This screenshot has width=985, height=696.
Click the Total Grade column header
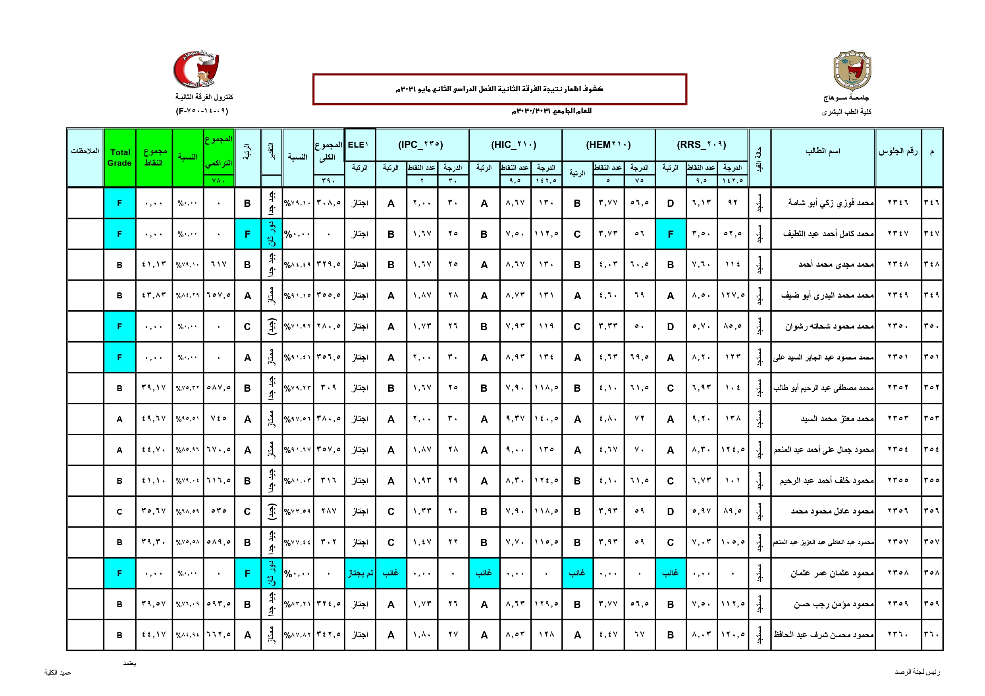coord(120,158)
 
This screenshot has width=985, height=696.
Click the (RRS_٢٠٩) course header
coord(702,145)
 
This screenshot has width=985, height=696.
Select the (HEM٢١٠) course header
coord(608,145)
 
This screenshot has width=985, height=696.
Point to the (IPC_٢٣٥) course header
coord(421,145)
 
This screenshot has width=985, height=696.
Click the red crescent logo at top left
coord(196,69)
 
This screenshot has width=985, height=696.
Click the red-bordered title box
coord(499,89)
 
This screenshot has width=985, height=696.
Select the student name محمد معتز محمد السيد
coord(837,419)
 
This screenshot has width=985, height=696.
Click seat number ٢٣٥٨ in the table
coord(898,573)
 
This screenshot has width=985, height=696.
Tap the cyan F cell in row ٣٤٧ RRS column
coord(670,234)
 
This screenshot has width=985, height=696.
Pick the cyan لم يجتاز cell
coord(360,573)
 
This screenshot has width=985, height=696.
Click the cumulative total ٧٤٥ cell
coord(218,419)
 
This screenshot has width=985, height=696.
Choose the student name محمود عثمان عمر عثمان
coord(832,573)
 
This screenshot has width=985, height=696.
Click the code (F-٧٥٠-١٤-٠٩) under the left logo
coord(202,111)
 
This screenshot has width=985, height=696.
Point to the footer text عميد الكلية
coord(58,673)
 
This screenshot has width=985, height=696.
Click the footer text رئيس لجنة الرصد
coord(917,672)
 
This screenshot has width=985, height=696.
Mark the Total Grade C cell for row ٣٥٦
coord(120,511)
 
